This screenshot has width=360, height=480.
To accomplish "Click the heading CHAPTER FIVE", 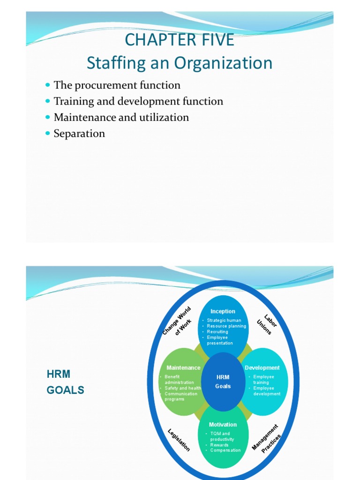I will pyautogui.click(x=180, y=40).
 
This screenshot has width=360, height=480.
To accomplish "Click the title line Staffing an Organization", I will pyautogui.click(x=180, y=63).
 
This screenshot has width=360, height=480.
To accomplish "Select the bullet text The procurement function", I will pyautogui.click(x=117, y=85).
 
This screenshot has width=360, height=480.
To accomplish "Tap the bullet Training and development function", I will pyautogui.click(x=138, y=101).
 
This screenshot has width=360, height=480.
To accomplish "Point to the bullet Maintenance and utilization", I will pyautogui.click(x=121, y=117).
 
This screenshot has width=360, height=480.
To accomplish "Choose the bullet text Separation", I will pyautogui.click(x=79, y=134).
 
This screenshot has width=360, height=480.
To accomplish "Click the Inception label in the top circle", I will pyautogui.click(x=223, y=311).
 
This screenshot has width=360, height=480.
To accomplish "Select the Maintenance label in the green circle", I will pyautogui.click(x=183, y=368).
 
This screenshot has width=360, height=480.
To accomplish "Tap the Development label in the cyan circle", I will pyautogui.click(x=262, y=368).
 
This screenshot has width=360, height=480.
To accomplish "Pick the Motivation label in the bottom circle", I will pyautogui.click(x=223, y=425).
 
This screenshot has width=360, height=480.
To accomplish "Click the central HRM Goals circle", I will pyautogui.click(x=223, y=382).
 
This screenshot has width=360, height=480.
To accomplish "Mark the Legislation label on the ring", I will pyautogui.click(x=179, y=440).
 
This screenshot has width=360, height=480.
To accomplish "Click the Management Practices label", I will pyautogui.click(x=267, y=439).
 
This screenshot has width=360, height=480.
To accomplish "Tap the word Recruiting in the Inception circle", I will pyautogui.click(x=217, y=332).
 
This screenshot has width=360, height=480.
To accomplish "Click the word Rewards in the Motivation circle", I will pyautogui.click(x=219, y=445).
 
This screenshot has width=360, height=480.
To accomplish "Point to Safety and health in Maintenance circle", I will pyautogui.click(x=183, y=388).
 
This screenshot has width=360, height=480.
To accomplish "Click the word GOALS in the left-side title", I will pyautogui.click(x=66, y=390).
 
